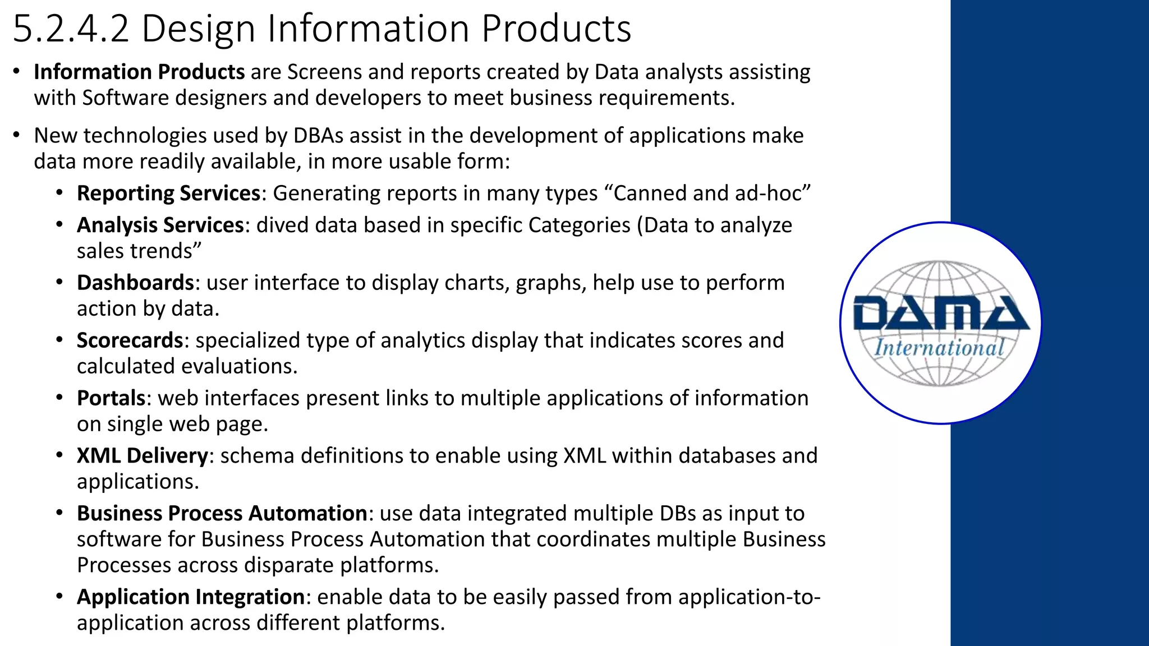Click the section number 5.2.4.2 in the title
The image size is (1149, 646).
point(71,29)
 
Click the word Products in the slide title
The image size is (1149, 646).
point(556,29)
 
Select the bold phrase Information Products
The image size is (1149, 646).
point(139,72)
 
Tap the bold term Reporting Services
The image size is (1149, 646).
point(168,193)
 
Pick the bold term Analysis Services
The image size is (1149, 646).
point(160,225)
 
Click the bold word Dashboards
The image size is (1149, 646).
point(135,283)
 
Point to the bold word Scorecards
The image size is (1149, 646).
point(130,340)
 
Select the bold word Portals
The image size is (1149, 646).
point(111,398)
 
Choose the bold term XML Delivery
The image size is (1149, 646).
point(142,456)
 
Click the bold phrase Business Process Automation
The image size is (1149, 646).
point(222,514)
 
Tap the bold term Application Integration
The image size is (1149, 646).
point(190,597)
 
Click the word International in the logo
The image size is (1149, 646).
point(939,348)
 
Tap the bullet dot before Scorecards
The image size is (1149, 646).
point(59,340)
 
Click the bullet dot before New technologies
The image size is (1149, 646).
point(17,136)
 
